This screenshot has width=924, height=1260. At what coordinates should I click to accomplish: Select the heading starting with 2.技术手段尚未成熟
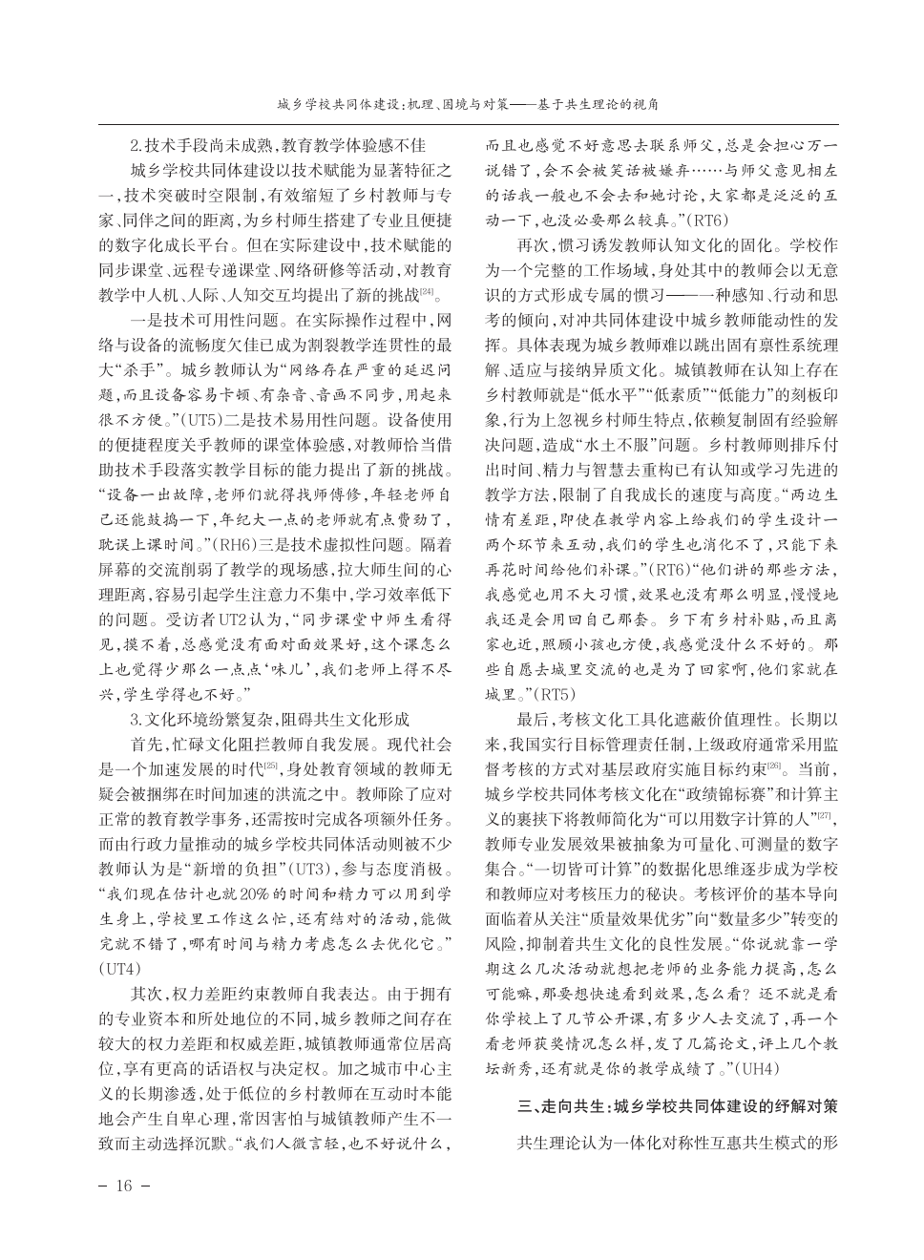pyautogui.click(x=276, y=146)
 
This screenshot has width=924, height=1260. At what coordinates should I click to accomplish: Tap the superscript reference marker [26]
pyautogui.click(x=774, y=766)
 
